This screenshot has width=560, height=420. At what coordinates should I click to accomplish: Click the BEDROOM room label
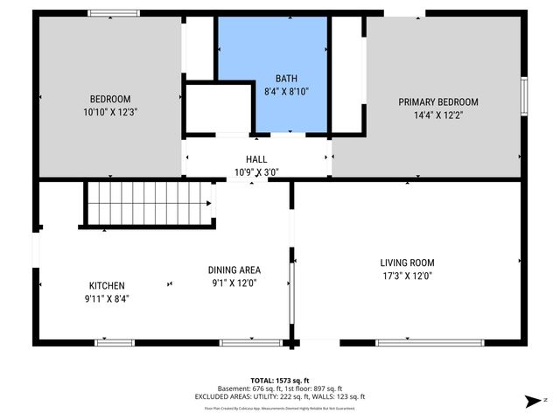109,98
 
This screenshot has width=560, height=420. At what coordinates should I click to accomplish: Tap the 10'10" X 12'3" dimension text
109,112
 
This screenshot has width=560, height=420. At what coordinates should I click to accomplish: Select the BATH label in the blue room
287,78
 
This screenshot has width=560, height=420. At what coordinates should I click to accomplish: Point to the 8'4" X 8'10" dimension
287,91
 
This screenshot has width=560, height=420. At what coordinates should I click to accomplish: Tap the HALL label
256,158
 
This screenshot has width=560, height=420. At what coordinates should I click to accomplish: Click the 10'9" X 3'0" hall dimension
256,172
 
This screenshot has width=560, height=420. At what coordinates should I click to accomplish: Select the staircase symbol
149,203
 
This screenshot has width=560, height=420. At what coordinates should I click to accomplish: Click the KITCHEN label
107,285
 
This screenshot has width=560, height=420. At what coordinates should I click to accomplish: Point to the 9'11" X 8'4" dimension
107,298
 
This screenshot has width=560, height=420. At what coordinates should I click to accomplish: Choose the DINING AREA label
234,269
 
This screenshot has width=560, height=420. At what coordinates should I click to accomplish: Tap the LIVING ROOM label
407,262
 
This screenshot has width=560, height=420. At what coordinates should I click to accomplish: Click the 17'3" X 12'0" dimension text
407,276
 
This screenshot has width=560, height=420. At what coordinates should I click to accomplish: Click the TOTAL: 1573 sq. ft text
280,380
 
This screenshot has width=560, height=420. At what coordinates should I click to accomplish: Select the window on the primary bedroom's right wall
524,94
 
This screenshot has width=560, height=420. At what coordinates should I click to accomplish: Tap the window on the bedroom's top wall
113,12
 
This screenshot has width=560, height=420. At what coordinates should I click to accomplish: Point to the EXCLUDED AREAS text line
280,396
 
